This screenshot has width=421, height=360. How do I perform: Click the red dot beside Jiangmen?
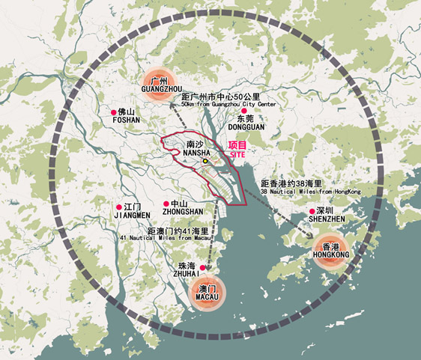(x=119, y=207)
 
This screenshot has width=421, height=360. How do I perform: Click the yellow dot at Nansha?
(x=205, y=160)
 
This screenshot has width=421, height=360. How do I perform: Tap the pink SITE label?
(x=237, y=154)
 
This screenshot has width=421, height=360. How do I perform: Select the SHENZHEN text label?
(x=326, y=219)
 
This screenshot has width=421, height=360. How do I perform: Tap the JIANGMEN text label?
(x=133, y=215)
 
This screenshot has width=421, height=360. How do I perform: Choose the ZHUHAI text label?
(x=187, y=275)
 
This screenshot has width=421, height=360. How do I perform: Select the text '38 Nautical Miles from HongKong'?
(x=310, y=192)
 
